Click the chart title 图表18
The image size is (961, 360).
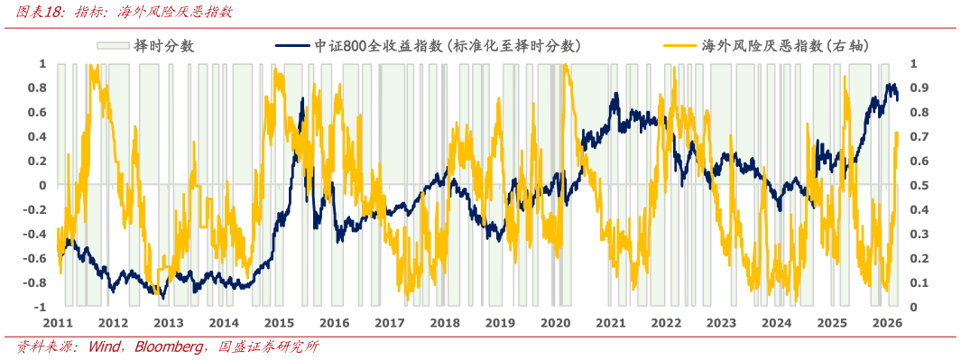click(31, 12)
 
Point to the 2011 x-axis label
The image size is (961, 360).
click(58, 323)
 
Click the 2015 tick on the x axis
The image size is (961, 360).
click(279, 323)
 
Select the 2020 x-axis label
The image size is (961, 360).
click(556, 323)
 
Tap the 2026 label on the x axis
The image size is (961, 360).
click(888, 323)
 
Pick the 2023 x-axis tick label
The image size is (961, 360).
click(722, 323)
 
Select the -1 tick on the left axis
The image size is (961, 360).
click(39, 308)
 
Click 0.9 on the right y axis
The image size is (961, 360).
click(917, 88)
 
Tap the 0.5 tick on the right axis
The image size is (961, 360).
click(917, 186)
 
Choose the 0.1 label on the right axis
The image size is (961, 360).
click(917, 283)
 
